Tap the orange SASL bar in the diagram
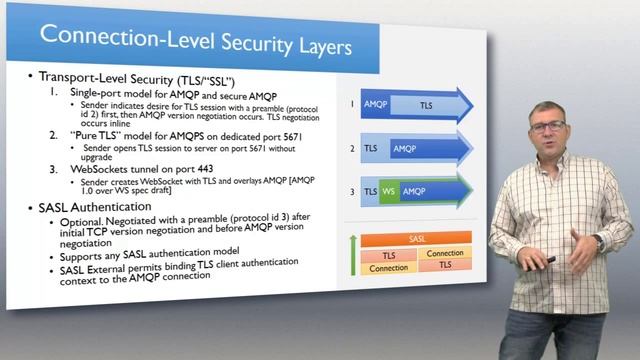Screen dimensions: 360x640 point(418,240)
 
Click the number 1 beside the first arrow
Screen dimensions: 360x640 point(352,102)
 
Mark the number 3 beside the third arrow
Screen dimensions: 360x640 point(352,190)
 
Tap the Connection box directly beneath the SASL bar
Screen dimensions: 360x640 point(445,253)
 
